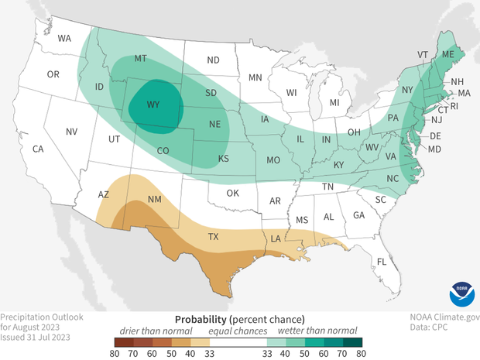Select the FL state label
click(381, 262)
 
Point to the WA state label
click(65, 37)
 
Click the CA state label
click(37, 148)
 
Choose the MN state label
click(255, 77)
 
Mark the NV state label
click(71, 132)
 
